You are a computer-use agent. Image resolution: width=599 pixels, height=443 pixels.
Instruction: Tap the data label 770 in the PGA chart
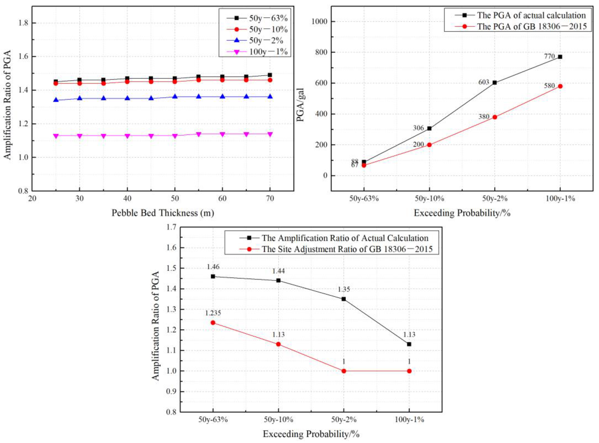pos(549,56)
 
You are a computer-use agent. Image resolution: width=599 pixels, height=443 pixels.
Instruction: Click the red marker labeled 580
pos(560,86)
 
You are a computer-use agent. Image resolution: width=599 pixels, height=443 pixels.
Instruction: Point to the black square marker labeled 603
pos(495,83)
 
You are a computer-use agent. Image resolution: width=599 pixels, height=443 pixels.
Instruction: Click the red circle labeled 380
pos(495,117)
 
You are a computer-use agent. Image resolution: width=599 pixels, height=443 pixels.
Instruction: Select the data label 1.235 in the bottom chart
pos(213,313)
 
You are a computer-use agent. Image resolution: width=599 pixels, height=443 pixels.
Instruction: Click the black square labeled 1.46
pos(213,276)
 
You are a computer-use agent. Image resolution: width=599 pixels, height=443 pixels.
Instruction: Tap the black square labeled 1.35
pos(344,299)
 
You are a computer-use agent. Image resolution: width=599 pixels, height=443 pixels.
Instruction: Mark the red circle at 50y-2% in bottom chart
pos(344,371)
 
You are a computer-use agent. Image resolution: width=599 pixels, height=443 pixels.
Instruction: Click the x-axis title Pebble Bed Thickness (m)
pos(163,213)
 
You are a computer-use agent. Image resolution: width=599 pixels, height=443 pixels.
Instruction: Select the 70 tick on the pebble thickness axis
pos(270,198)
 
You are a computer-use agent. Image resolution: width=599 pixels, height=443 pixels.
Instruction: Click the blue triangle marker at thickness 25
pos(56,100)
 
